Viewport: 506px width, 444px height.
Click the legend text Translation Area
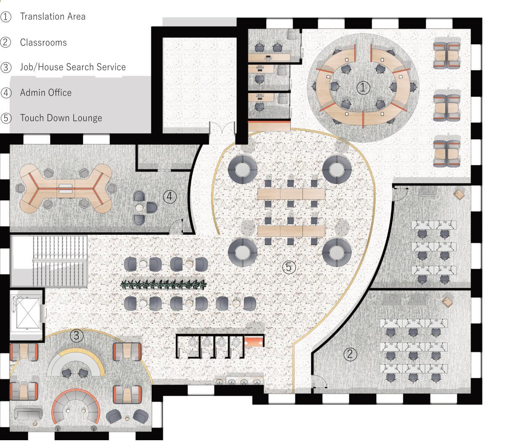pos(53,16)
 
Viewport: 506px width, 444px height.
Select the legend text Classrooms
pos(43,42)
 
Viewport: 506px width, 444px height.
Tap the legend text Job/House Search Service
pos(73,67)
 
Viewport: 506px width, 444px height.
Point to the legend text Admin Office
pos(46,92)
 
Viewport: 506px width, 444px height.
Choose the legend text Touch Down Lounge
pos(61,118)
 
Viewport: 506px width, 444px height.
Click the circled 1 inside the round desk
pos(363,88)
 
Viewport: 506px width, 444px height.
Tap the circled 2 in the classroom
pos(350,354)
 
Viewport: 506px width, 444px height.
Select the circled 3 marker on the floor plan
pos(76,336)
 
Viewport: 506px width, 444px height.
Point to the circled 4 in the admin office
pos(169,196)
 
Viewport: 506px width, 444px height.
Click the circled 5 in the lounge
pos(289,266)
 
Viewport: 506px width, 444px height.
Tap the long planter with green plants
pos(164,285)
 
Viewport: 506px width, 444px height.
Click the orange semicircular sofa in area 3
pos(76,406)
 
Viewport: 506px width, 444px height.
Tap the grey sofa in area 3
pos(28,414)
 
